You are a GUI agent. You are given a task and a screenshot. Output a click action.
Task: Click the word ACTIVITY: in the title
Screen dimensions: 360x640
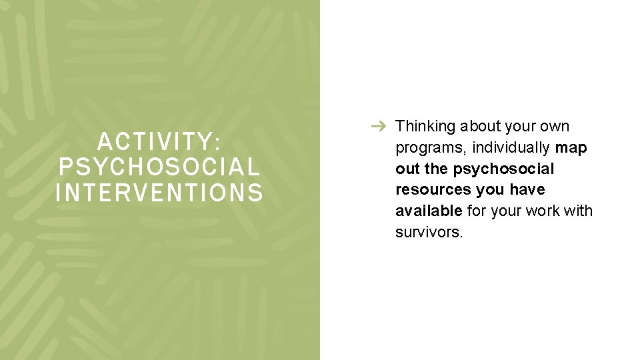159,141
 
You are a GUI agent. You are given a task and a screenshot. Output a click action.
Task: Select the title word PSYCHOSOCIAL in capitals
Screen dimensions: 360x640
159,167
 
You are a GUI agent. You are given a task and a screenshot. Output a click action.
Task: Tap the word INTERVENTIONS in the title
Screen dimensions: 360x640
159,193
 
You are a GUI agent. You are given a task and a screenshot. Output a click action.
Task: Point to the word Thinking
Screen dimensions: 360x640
425,126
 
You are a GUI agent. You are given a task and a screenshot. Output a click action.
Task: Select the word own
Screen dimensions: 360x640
554,126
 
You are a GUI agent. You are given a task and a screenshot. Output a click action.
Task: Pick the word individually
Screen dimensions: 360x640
511,147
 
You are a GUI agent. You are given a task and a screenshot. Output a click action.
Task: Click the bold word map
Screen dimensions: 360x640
571,147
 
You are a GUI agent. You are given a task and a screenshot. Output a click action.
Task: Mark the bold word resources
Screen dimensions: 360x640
433,190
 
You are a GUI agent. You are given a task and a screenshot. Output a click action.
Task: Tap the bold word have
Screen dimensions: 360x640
527,190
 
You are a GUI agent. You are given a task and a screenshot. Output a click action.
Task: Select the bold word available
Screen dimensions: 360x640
428,211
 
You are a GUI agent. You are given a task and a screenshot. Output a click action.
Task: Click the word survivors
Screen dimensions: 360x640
429,233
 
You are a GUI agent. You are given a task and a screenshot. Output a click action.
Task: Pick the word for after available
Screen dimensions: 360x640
476,211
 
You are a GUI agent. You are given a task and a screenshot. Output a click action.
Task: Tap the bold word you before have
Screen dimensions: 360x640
492,190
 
